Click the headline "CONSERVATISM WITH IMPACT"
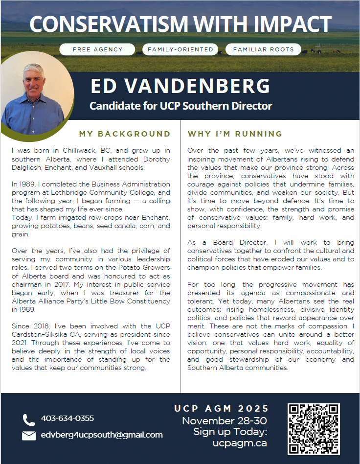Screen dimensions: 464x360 180,23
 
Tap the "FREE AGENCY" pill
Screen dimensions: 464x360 97,49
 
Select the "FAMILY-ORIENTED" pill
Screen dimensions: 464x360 180,49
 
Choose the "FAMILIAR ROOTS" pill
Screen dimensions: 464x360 264,49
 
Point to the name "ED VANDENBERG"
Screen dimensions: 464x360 180,87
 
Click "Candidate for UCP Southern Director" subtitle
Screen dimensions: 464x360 180,106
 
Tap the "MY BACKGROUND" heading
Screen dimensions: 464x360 125,134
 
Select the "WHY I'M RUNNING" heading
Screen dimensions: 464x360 235,134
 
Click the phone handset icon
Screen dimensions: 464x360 29,419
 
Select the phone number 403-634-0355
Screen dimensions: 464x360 67,418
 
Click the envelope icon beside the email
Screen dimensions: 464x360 29,435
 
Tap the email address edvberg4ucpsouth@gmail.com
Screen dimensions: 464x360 102,435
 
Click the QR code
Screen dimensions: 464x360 313,429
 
